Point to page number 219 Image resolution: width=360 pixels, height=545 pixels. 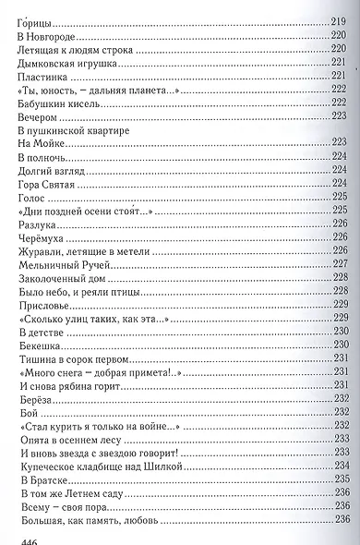(335, 18)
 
